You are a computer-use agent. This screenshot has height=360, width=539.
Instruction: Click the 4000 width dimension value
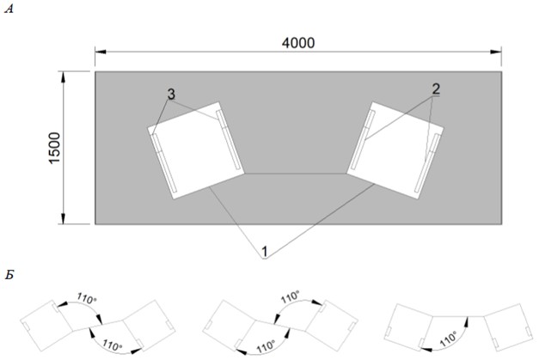click(298, 42)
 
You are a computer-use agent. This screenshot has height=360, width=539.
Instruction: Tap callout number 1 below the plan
click(266, 252)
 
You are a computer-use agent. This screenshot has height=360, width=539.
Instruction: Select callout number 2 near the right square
click(436, 89)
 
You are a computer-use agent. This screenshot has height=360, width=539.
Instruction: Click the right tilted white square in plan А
click(395, 148)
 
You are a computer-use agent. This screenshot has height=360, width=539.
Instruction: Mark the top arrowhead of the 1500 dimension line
click(64, 75)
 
